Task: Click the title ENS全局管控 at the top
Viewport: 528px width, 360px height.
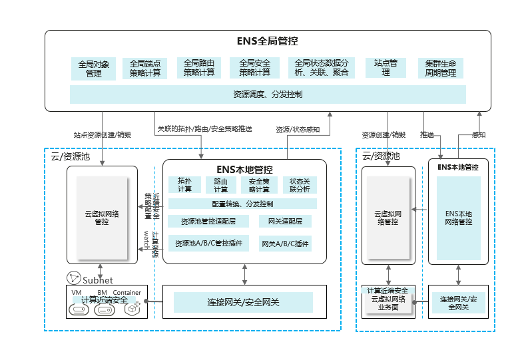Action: pyautogui.click(x=267, y=41)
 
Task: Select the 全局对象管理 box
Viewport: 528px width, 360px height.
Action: pyautogui.click(x=93, y=69)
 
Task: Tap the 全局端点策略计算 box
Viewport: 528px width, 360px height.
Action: pyautogui.click(x=144, y=69)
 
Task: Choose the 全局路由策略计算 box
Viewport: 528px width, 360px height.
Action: pyautogui.click(x=199, y=68)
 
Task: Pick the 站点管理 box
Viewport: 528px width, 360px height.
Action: pyautogui.click(x=386, y=68)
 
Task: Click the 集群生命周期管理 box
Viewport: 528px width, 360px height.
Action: pyautogui.click(x=440, y=69)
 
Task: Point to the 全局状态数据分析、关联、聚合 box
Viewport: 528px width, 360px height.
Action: pyautogui.click(x=321, y=68)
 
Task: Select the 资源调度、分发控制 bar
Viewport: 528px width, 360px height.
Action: pyautogui.click(x=268, y=94)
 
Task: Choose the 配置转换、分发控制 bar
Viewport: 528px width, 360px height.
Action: pyautogui.click(x=242, y=204)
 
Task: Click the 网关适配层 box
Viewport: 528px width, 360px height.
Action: pyautogui.click(x=285, y=221)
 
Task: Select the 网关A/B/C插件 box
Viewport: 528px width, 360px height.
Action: pyautogui.click(x=285, y=244)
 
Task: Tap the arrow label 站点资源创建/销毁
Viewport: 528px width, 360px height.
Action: pyautogui.click(x=102, y=134)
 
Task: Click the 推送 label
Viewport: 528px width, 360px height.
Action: pyautogui.click(x=427, y=134)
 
